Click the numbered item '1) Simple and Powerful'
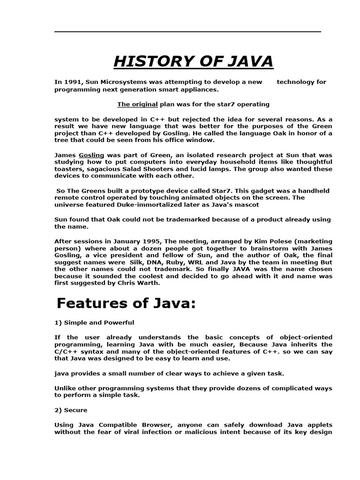[x=94, y=322]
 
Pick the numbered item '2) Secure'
[x=71, y=410]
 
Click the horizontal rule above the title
[x=187, y=32]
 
